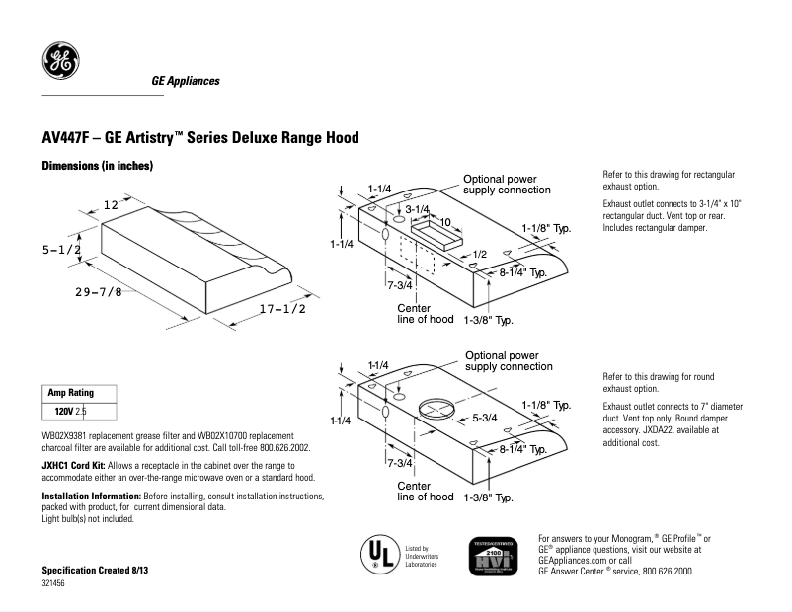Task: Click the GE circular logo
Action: tap(60, 62)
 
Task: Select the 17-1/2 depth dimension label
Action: tap(282, 309)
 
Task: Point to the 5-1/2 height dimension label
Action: tap(61, 251)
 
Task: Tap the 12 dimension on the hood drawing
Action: tap(111, 204)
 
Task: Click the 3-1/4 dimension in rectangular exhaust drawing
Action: tap(417, 209)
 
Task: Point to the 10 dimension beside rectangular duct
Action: tap(445, 222)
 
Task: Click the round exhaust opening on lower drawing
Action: tap(436, 408)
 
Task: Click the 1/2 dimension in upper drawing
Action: tap(479, 255)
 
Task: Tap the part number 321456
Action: tap(54, 584)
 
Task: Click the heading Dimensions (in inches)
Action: tap(97, 167)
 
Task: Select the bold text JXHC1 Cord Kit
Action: tap(75, 464)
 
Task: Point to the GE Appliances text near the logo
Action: tap(186, 81)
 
